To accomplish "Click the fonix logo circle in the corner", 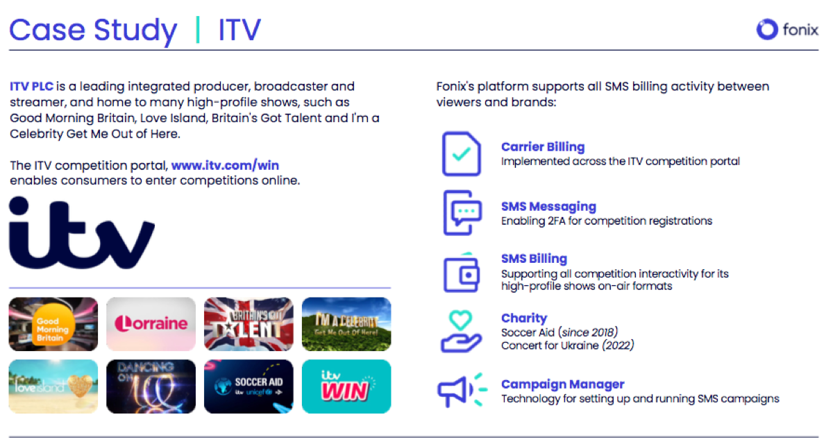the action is coord(767,29).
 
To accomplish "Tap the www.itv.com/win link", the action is coord(225,165).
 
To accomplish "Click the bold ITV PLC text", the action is coord(32,86).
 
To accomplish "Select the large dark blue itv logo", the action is coord(82,233).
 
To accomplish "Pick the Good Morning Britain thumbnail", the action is coord(53,324).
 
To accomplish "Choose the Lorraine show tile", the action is coord(151,324).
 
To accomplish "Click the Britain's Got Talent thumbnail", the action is coord(249,324).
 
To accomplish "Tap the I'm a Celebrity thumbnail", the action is coord(346,324).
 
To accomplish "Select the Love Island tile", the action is coord(53,386).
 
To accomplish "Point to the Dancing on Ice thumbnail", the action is coord(151,386).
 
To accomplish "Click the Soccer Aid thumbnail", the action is coord(249,386).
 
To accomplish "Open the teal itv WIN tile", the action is coord(346,386).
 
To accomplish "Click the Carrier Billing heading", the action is coord(543,147).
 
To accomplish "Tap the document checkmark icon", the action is coord(461,153).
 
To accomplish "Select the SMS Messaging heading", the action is coord(548,207).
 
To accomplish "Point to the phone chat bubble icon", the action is coord(462,213).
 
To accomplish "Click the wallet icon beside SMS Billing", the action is coord(461,273).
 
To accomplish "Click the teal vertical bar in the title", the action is coord(197,29).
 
